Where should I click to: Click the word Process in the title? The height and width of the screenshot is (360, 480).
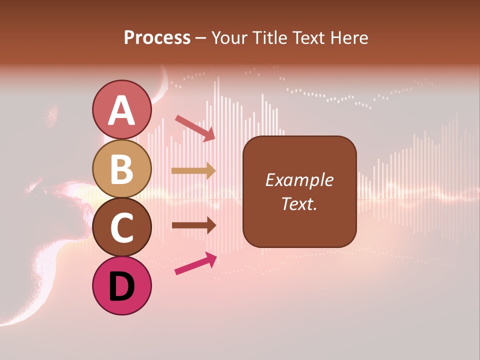coord(157,38)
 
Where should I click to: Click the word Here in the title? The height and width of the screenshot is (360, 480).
coord(350,38)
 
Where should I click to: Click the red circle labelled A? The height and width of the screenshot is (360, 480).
coord(121,109)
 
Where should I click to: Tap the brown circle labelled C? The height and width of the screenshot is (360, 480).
coord(121,227)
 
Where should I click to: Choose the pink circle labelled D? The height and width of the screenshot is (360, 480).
coord(121,285)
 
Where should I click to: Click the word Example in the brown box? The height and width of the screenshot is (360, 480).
coord(299,180)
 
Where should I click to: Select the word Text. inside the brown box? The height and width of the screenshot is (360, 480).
coord(299,203)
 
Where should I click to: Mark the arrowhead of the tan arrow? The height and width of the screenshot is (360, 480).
coord(210,170)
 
